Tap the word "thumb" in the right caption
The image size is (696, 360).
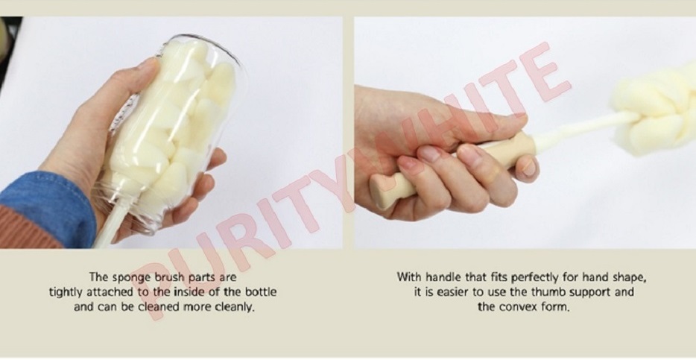548,292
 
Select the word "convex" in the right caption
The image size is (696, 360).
516,307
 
